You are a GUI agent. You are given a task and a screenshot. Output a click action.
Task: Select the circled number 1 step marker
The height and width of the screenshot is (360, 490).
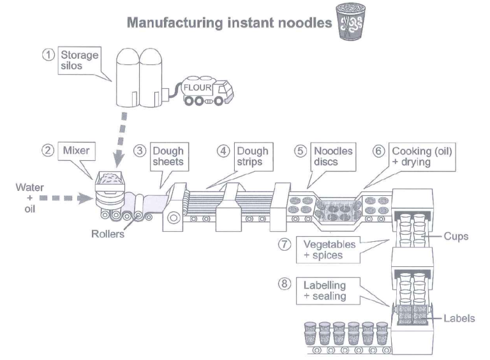tap(47, 54)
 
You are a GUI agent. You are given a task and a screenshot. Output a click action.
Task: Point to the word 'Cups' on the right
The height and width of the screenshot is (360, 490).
tap(456, 236)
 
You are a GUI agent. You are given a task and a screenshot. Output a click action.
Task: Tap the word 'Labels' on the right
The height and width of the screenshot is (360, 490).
tap(459, 317)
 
